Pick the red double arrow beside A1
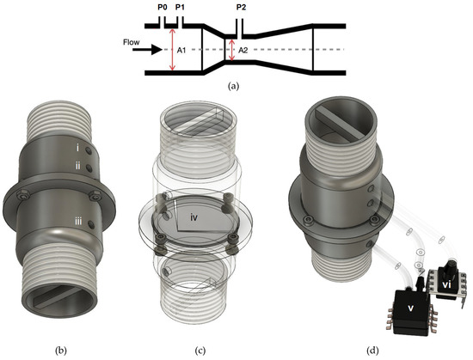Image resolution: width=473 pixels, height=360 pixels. click(x=173, y=51)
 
